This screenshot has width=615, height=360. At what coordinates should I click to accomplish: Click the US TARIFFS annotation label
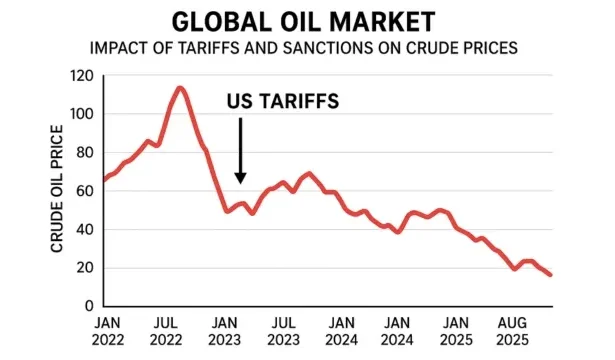280,101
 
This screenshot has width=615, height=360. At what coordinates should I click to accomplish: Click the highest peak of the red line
180,88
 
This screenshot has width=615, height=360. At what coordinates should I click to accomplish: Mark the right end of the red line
549,275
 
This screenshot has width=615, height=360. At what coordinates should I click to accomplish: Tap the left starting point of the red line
103,181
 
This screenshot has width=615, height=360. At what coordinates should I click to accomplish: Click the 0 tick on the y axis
89,306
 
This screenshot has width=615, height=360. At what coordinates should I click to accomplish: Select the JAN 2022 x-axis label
111,331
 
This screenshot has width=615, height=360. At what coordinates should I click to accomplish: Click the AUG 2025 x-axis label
513,331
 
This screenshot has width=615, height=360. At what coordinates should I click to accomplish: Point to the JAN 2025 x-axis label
456,331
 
